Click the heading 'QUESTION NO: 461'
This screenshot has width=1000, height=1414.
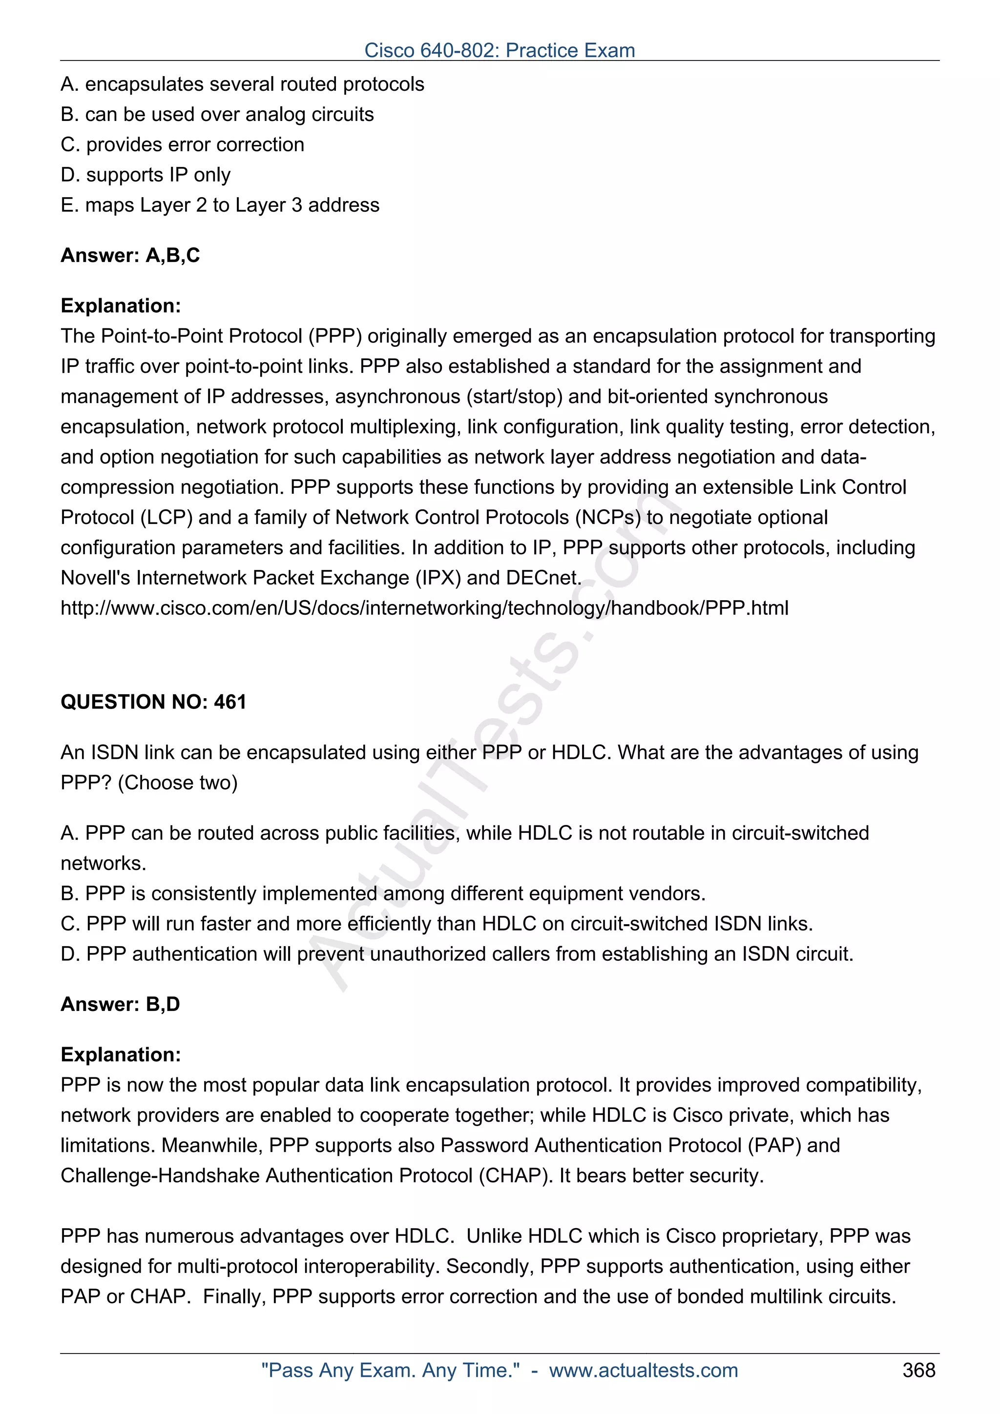click(153, 702)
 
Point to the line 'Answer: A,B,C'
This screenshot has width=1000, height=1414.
click(130, 255)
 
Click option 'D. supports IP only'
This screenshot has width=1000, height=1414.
click(146, 175)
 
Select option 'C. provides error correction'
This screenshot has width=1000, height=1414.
click(183, 145)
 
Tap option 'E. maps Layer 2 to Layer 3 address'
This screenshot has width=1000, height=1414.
click(220, 205)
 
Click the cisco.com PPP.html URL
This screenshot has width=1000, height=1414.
click(424, 608)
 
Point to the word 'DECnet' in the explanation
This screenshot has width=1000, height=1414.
click(542, 578)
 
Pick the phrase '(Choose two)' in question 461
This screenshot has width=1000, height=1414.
click(177, 782)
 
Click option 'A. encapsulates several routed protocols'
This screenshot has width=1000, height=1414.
click(242, 84)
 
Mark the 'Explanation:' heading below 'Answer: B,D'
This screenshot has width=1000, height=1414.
click(121, 1054)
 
